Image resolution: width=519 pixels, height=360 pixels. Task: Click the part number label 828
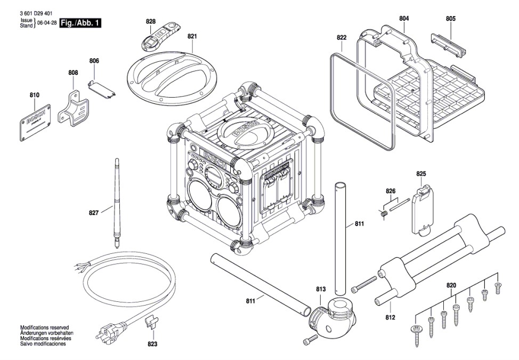[x=151, y=21]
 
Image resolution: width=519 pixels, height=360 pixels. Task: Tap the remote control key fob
[x=160, y=36]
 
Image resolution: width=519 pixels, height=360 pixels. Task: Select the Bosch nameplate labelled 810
[x=35, y=123]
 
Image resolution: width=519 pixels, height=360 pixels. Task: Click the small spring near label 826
[x=384, y=214]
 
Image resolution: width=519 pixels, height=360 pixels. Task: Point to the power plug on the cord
[x=109, y=332]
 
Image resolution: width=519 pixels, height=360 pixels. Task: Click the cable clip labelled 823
[x=152, y=323]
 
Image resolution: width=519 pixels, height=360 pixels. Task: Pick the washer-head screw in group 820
[x=415, y=335]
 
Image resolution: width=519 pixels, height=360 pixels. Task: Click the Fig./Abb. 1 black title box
[x=80, y=23]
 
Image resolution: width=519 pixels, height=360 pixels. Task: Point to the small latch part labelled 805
[x=448, y=44]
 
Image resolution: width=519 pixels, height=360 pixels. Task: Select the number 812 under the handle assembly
[x=390, y=317]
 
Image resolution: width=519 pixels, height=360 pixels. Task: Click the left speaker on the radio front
[x=200, y=195]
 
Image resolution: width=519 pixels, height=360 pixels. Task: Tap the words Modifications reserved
[x=44, y=327]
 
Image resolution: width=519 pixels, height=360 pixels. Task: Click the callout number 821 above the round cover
[x=192, y=36]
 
